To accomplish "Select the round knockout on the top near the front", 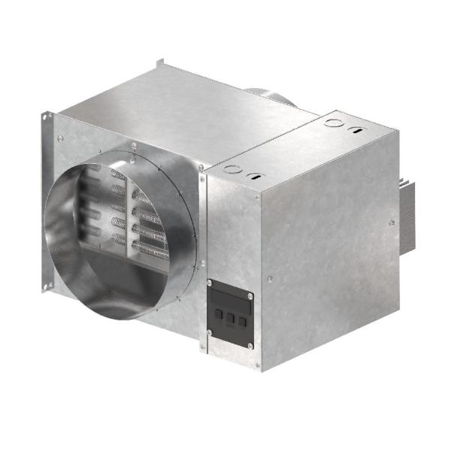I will click(x=233, y=168).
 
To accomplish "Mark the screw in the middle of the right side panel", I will click(x=391, y=222).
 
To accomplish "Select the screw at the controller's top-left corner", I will click(x=210, y=283).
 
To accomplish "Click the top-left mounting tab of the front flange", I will click(x=48, y=117).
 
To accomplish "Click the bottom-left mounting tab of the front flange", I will click(x=47, y=285).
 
